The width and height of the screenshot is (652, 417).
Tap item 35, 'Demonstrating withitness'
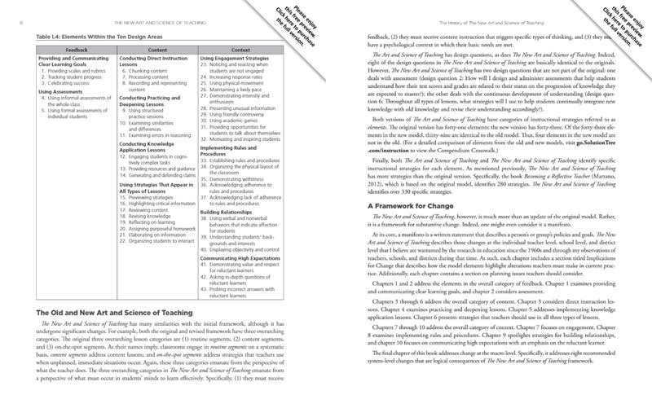coord(244,200)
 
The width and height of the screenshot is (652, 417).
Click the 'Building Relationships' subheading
coord(230,234)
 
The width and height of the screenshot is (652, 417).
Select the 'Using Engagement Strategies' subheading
coord(238,59)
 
